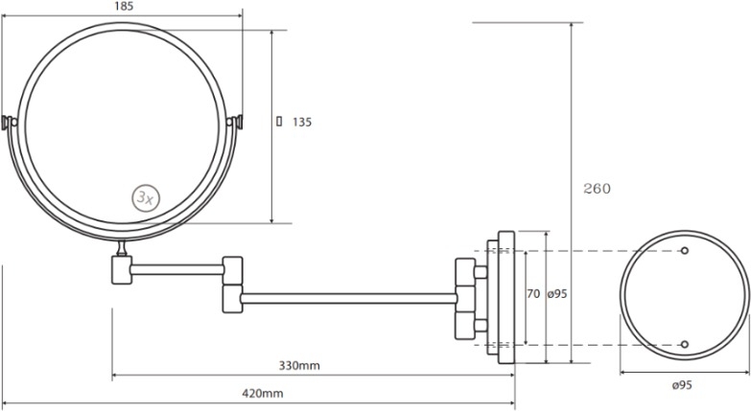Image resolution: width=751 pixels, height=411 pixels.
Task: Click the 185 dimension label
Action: point(124,6)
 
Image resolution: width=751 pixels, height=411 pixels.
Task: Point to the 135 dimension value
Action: point(302,123)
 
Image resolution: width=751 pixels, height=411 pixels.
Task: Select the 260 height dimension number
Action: point(598,189)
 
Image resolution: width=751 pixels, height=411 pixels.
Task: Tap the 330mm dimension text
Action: point(299,366)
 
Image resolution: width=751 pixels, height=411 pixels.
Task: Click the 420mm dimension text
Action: point(263,394)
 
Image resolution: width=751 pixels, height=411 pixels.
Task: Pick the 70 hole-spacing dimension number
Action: point(533,293)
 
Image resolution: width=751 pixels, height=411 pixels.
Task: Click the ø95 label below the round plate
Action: point(682,385)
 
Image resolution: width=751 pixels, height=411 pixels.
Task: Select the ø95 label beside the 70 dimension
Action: point(557,293)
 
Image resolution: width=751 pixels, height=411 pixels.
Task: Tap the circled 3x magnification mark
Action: point(146,197)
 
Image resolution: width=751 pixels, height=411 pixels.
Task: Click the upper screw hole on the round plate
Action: point(685,250)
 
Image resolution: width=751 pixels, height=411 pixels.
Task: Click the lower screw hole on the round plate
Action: point(685,344)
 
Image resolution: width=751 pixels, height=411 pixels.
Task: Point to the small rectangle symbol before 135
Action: point(279,122)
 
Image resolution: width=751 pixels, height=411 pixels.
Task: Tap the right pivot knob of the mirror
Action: point(235,122)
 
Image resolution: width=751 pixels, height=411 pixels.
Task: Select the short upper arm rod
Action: point(177,270)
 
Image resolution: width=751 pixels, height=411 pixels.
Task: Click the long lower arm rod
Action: point(349,299)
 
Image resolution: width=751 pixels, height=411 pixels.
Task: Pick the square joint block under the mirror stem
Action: point(122,270)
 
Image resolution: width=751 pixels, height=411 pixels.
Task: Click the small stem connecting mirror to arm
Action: point(122,248)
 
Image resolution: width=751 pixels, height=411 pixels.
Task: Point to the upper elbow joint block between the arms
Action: point(233,271)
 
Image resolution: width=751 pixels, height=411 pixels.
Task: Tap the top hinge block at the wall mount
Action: point(465,272)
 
